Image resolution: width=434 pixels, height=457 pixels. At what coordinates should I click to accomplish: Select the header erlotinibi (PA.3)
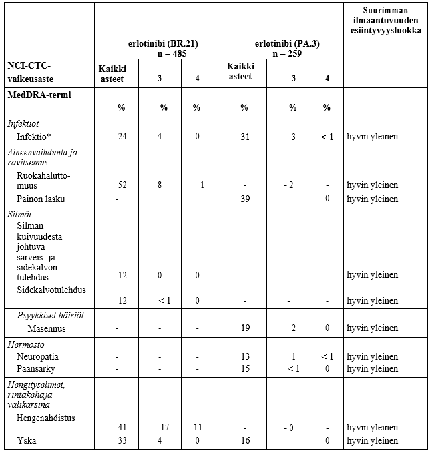(x=283, y=43)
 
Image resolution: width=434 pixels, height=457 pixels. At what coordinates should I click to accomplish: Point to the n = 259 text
(x=283, y=53)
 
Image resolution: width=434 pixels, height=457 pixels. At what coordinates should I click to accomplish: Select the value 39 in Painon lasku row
(x=244, y=199)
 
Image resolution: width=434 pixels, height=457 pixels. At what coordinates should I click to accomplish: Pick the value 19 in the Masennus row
(x=244, y=328)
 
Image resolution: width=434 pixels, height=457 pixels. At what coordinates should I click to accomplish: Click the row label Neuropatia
(x=37, y=356)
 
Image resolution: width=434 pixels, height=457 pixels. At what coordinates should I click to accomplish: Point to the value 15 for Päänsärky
(x=244, y=368)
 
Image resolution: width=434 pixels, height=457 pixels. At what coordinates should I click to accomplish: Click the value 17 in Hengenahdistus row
(x=164, y=428)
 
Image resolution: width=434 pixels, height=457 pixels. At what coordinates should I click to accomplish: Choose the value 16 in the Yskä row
(x=244, y=440)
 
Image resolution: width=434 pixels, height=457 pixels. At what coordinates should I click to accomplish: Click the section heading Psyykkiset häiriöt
(x=55, y=315)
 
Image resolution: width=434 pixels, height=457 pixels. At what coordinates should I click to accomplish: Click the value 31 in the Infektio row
(x=244, y=137)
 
